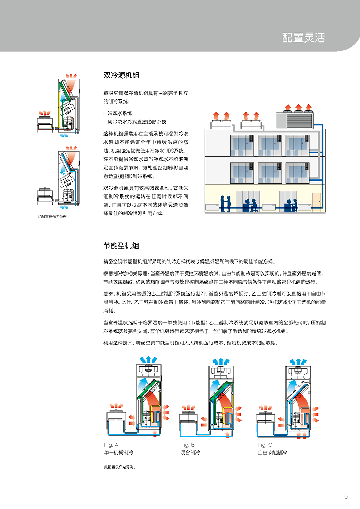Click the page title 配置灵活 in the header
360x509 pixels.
coord(303,38)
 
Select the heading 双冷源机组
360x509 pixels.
coord(121,76)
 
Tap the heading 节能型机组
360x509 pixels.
coord(121,246)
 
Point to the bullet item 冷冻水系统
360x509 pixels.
coord(120,113)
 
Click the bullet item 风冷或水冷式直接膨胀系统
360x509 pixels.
coord(137,122)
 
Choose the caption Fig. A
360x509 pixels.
coord(111,445)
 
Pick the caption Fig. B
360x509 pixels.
coord(187,445)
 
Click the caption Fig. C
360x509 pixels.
coord(265,445)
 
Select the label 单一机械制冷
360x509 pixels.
coord(118,452)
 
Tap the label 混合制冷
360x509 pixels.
coord(190,452)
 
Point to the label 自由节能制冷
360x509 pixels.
coord(272,452)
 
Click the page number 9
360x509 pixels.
coord(346,497)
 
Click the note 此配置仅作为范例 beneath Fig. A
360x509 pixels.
coord(120,467)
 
